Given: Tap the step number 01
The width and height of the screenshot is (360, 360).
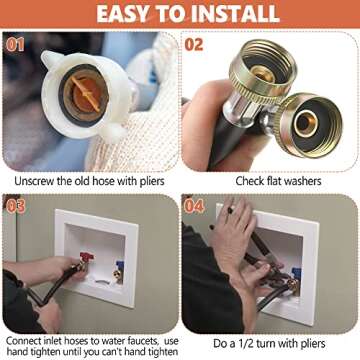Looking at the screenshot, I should pyautogui.click(x=17, y=45).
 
